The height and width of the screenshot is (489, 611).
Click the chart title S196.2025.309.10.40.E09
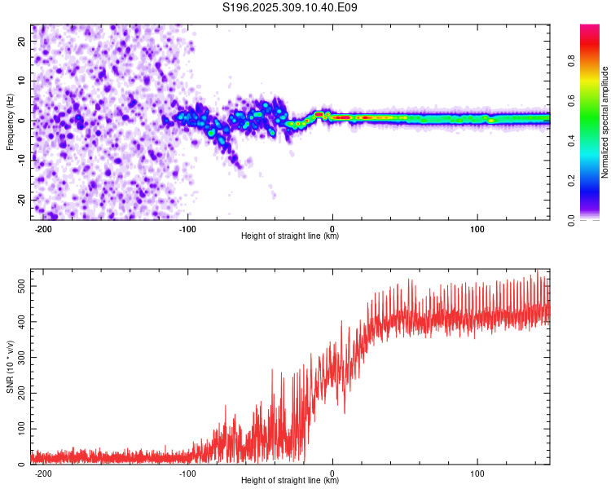pyautogui.click(x=290, y=8)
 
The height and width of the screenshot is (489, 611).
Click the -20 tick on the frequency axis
pyautogui.click(x=21, y=200)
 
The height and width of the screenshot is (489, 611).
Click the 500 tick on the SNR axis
pyautogui.click(x=20, y=287)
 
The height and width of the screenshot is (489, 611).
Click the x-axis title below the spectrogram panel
pyautogui.click(x=290, y=236)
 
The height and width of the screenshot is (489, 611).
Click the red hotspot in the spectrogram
pyautogui.click(x=344, y=117)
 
